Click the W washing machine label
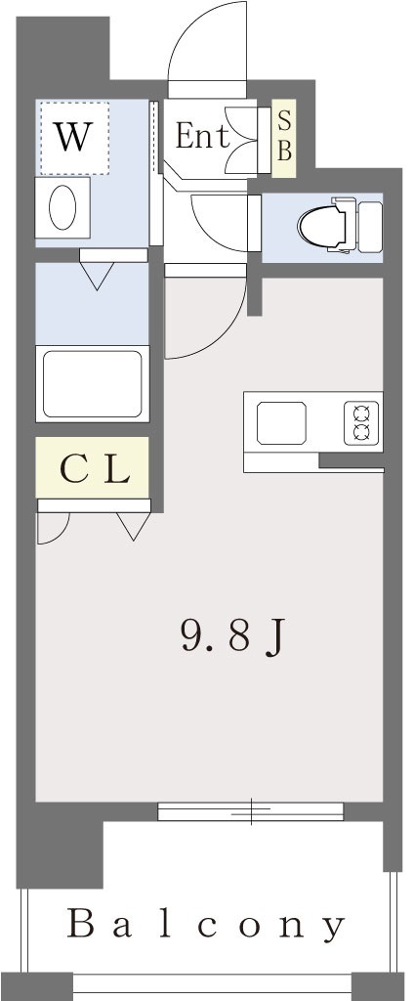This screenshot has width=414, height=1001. pos(72,136)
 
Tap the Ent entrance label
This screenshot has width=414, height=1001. pos(202,136)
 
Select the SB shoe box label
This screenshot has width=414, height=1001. pos(284,138)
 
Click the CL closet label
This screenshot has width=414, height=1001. pos(96,470)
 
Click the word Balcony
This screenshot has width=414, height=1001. pos(207,926)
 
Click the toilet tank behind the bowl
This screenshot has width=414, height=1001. pos(369,227)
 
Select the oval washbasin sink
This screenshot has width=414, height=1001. pos(62,208)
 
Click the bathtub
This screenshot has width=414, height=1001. pos(92,383)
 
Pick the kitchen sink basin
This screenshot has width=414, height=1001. pos(281,422)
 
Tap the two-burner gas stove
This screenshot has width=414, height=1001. pos(361,422)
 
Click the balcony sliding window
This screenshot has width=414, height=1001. pos(251,811)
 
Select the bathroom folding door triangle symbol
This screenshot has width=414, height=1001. pos(97,276)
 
